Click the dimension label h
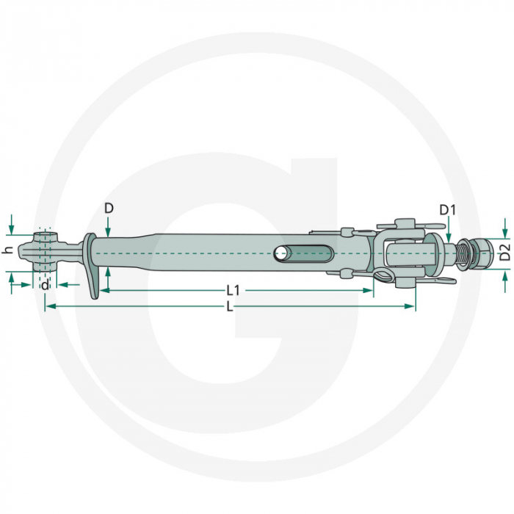pos(7,250)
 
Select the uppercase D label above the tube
pos(109,209)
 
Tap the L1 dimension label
pos(234,291)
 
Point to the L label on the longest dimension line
pos(230,307)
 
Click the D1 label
pos(448,210)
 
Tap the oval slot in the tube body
pos(303,254)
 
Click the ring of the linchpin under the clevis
pos(382,277)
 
